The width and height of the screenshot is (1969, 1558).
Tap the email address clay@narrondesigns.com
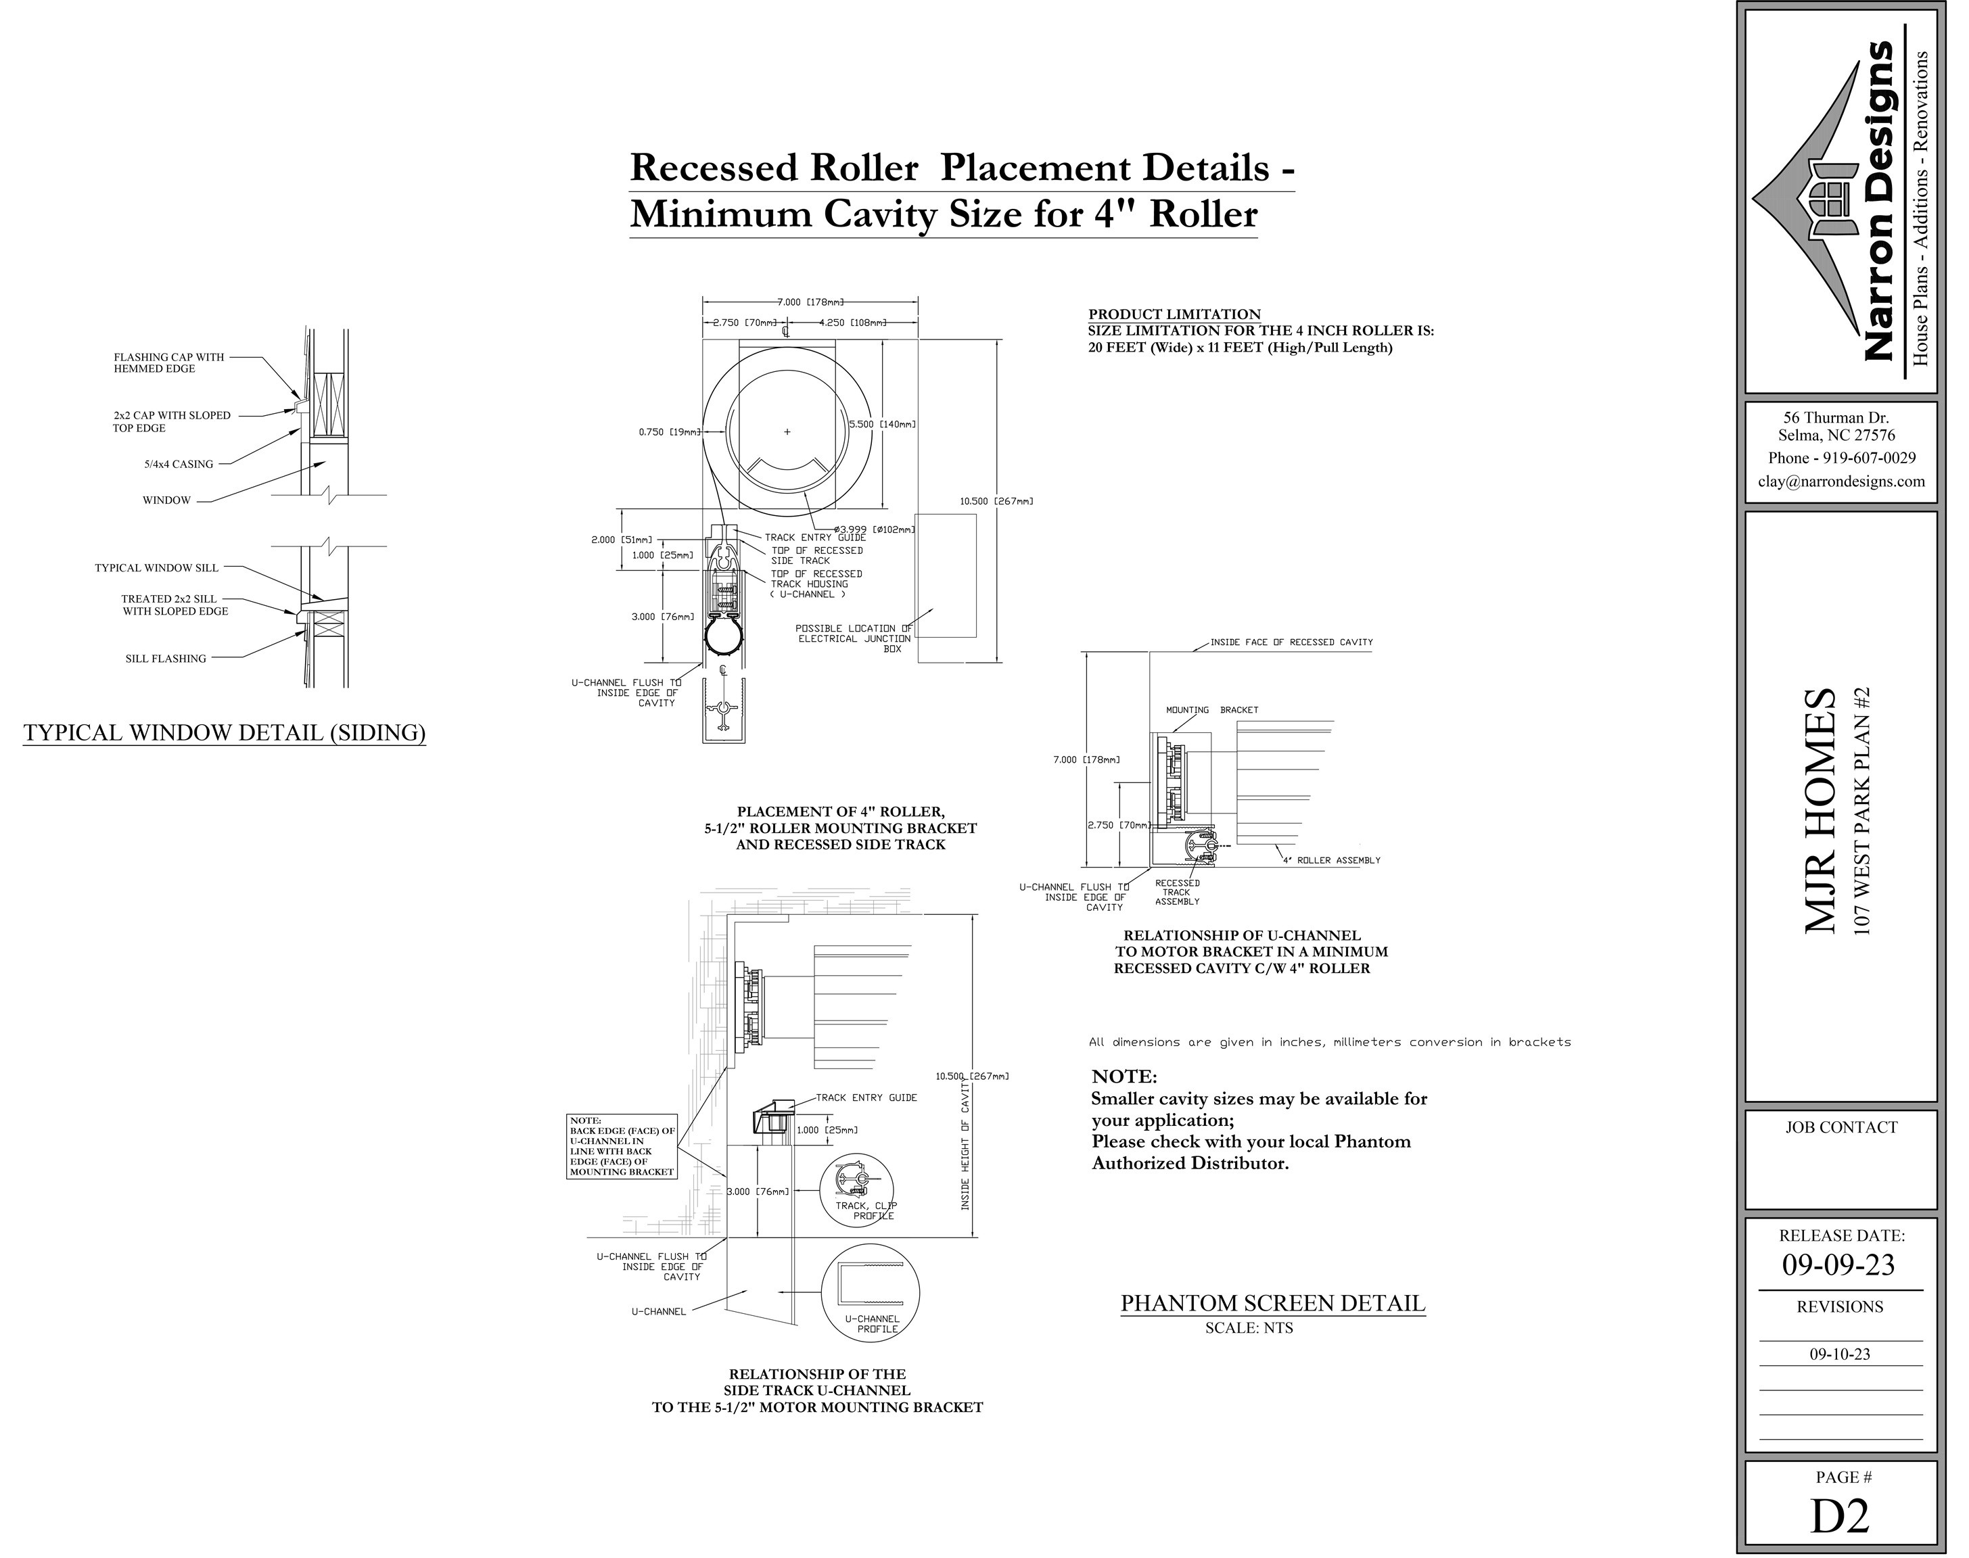click(1841, 481)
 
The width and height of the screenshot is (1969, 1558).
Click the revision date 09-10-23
click(1839, 1354)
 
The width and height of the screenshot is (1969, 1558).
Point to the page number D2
click(1839, 1515)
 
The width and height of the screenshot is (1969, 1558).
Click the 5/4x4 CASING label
click(178, 465)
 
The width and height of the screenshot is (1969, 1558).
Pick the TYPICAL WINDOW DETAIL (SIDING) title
click(225, 732)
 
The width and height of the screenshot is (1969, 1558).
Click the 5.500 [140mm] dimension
click(881, 424)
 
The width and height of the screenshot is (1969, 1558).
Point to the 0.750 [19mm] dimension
click(670, 432)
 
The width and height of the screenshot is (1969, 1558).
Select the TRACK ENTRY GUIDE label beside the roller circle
click(815, 538)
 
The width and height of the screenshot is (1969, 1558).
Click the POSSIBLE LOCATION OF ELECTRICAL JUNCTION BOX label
click(853, 638)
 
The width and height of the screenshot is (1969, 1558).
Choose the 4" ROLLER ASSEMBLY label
click(1331, 860)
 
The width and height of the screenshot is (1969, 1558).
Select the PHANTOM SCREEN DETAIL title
click(1272, 1304)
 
